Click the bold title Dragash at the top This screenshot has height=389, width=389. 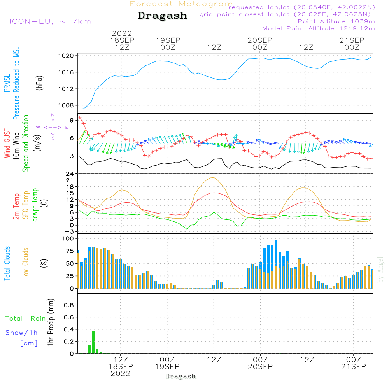162,16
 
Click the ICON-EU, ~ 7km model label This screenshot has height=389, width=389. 50,21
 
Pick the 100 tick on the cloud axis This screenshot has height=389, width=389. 68,238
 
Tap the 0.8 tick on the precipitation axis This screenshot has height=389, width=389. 69,305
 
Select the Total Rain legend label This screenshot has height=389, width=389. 26,319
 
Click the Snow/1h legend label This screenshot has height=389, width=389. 21,333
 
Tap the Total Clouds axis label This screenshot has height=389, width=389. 7,263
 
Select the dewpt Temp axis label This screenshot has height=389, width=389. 35,205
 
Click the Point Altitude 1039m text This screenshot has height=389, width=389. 336,21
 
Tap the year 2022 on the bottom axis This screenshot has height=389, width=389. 121,374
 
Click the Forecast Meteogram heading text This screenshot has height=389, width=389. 181,4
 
